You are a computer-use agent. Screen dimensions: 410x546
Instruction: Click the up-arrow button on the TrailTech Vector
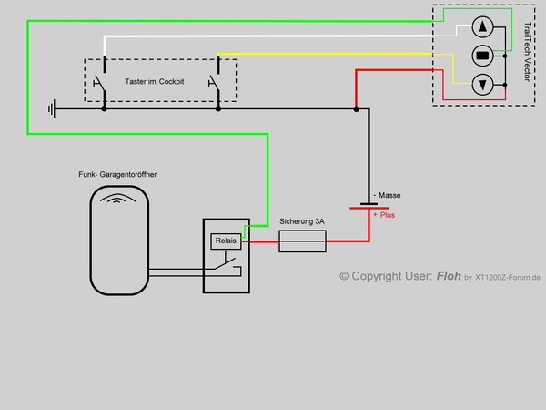[x=483, y=26]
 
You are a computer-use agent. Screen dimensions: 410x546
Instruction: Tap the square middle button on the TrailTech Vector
[x=483, y=55]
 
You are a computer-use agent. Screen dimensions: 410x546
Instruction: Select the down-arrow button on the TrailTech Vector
[x=483, y=85]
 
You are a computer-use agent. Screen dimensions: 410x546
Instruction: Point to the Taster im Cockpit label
[x=159, y=82]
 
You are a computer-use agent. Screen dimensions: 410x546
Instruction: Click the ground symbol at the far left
[x=52, y=108]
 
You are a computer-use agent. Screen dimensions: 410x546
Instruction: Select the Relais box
[x=225, y=241]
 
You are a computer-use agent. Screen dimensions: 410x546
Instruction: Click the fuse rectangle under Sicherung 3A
[x=301, y=241]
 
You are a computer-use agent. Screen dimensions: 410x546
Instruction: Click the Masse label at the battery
[x=387, y=196]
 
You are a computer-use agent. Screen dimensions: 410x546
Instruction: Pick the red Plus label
[x=384, y=216]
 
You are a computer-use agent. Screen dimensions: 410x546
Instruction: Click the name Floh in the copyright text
[x=449, y=276]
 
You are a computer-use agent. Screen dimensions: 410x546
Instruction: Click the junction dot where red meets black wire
[x=356, y=108]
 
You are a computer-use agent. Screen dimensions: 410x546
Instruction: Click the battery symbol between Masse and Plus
[x=369, y=206]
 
